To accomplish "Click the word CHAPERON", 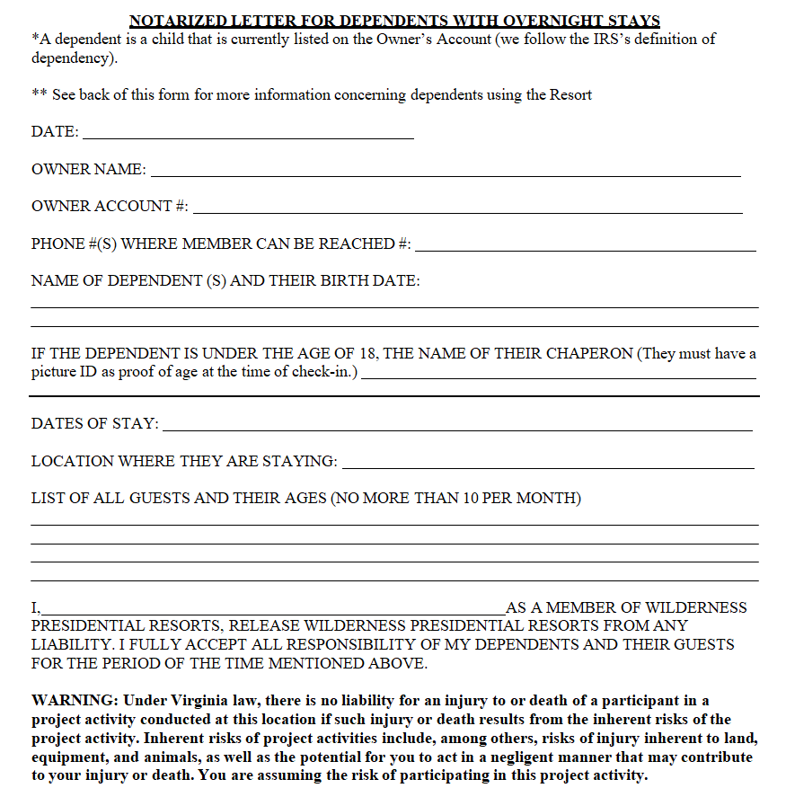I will pos(587,353).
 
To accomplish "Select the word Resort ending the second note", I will pos(570,94).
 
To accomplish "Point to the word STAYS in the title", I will pos(632,21).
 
